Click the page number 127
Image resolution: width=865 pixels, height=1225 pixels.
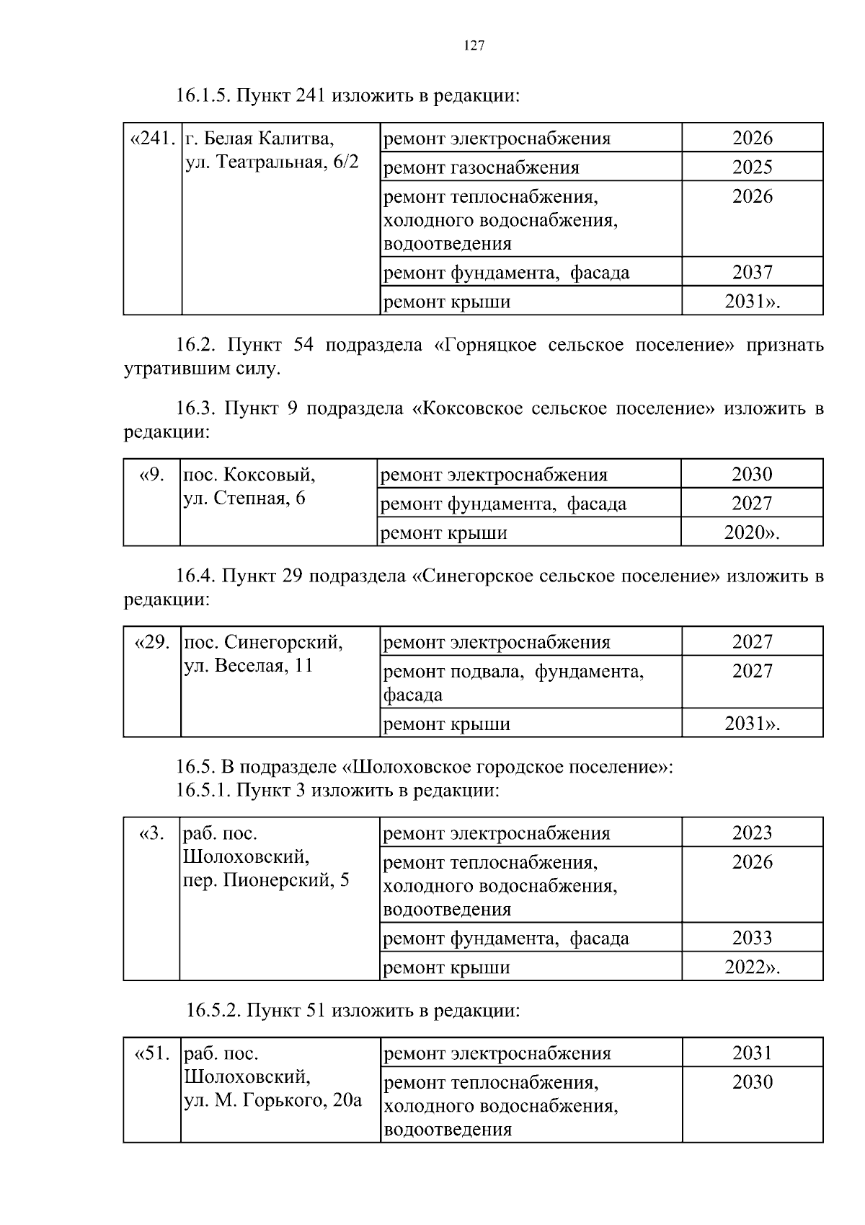tap(474, 46)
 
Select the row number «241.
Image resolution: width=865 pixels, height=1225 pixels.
tap(152, 138)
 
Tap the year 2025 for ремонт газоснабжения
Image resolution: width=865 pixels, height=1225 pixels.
tap(752, 167)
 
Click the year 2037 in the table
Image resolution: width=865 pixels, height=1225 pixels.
tap(752, 273)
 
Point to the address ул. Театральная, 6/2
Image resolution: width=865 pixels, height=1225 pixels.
tap(272, 162)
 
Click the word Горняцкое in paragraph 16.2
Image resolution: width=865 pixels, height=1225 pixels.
tap(486, 345)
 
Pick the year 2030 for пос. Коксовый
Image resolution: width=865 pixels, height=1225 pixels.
tap(752, 475)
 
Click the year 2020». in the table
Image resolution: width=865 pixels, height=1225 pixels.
tap(752, 533)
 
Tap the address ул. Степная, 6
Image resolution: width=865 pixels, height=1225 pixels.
tap(244, 498)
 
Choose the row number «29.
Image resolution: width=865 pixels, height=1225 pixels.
tap(152, 642)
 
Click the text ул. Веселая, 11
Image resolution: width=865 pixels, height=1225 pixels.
tap(249, 665)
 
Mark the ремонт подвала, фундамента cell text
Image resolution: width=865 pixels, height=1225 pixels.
tap(513, 672)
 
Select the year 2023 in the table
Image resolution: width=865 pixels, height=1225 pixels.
tap(752, 833)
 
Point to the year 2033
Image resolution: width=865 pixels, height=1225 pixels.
tap(752, 938)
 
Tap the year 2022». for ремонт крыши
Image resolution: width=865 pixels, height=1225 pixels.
tap(752, 967)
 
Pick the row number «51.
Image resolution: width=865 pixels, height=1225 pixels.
tap(152, 1053)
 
